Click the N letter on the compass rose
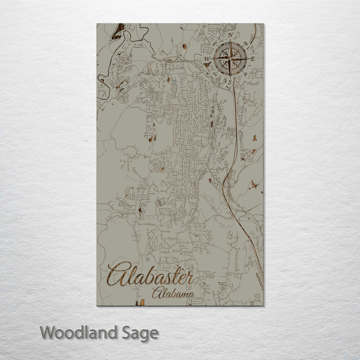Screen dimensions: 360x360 pos(230,35)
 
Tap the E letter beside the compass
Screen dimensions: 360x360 pos(252,59)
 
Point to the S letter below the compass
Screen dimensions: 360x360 pos(230,82)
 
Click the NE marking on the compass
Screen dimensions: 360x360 pos(246,43)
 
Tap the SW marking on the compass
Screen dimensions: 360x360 pos(215,74)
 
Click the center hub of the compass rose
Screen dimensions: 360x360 pos(230,59)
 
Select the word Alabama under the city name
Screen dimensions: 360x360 pos(173,294)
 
